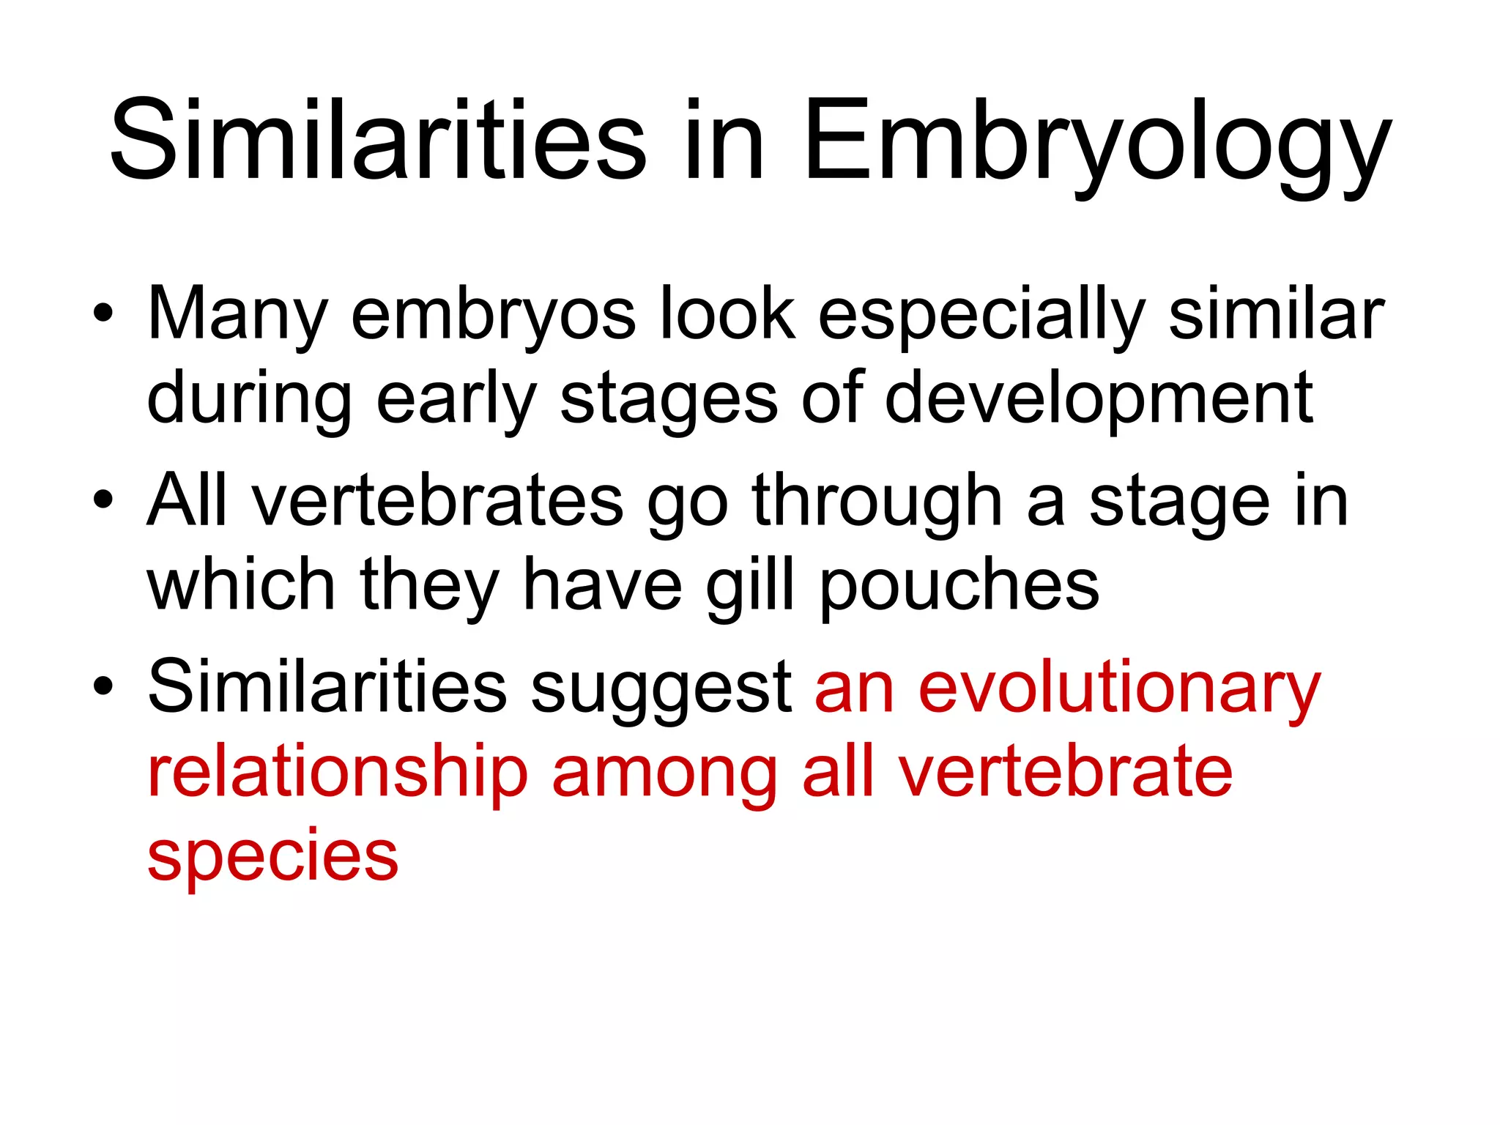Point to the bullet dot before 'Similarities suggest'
103,686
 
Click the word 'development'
1099,399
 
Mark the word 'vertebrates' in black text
437,501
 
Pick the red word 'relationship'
338,773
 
